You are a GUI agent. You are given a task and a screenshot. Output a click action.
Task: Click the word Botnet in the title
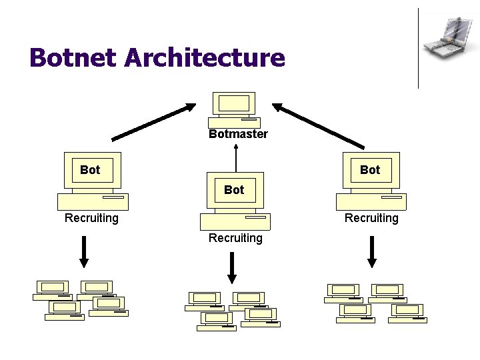73,57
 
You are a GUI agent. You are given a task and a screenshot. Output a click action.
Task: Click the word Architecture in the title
205,57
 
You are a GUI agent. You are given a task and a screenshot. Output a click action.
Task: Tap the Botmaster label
238,134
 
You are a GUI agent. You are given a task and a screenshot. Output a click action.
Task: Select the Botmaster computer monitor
234,103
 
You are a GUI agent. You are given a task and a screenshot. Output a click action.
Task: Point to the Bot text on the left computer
90,169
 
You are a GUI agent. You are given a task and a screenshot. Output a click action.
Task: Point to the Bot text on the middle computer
234,190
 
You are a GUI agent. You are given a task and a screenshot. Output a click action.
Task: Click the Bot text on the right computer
370,169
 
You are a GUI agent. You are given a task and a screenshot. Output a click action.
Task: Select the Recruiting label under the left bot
91,218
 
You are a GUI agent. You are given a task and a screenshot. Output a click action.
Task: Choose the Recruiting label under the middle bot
235,238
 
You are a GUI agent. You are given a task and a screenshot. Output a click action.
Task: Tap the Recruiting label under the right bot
371,218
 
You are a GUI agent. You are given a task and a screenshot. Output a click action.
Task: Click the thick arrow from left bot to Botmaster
154,122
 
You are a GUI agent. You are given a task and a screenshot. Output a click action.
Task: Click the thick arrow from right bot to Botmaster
318,126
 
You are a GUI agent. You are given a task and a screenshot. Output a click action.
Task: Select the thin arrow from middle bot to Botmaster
236,158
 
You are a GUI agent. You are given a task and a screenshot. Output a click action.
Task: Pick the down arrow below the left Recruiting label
84,251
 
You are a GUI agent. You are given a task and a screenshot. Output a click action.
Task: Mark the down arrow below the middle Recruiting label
232,268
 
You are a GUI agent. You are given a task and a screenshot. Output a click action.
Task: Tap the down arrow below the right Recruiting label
371,251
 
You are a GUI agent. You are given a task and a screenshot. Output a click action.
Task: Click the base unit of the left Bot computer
93,202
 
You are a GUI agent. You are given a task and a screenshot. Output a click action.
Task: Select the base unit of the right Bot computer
371,202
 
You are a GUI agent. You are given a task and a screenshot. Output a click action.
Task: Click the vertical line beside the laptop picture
418,49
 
